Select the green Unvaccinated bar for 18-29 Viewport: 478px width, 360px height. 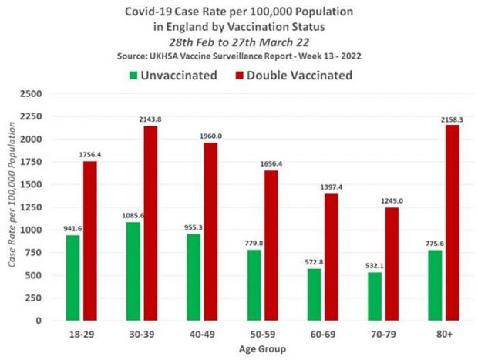coord(72,278)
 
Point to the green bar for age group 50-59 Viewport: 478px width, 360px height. coord(254,284)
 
